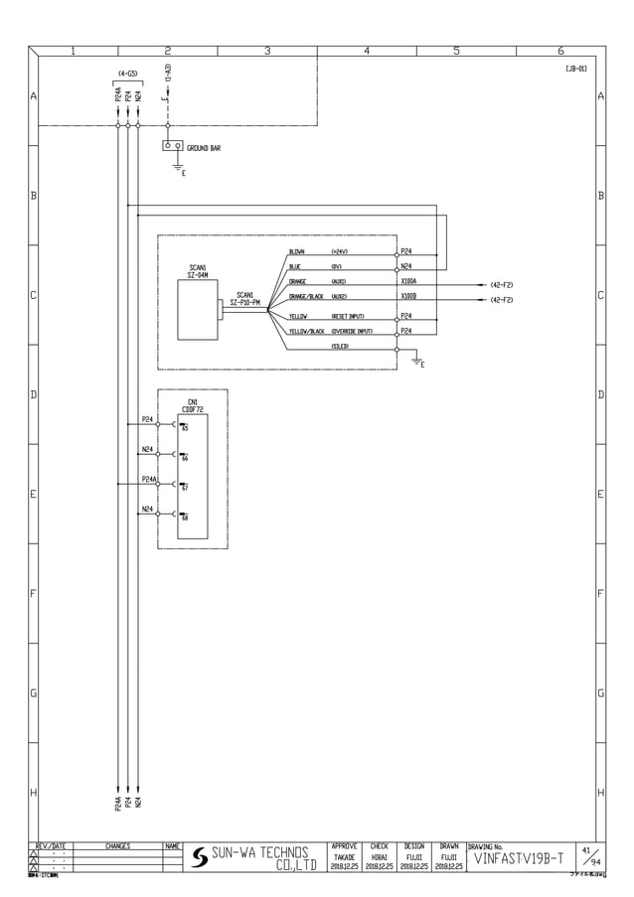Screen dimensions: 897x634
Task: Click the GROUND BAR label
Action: [x=204, y=147]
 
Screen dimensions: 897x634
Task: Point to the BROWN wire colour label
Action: [x=297, y=252]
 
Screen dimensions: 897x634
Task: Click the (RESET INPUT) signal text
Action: [x=348, y=316]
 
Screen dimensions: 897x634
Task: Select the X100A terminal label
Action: [x=408, y=281]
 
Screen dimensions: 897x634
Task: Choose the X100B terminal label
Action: [x=408, y=296]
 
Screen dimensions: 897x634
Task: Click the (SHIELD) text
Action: [x=340, y=345]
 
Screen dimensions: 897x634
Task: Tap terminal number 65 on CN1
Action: [x=185, y=428]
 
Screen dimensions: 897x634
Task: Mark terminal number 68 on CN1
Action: [x=185, y=518]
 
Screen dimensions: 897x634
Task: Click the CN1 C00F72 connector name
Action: [x=193, y=405]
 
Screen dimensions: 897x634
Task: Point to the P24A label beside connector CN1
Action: [x=148, y=479]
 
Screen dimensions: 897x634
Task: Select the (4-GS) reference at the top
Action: [x=127, y=74]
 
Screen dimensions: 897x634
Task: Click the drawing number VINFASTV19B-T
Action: [x=519, y=857]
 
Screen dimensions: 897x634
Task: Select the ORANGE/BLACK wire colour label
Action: [x=305, y=297]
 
